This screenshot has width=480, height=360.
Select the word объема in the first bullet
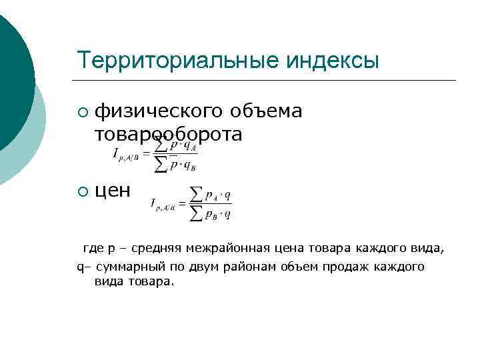[x=271, y=111]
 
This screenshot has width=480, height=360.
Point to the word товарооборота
[x=168, y=134]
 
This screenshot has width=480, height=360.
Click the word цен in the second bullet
[x=113, y=191]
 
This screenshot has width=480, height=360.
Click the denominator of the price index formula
[x=210, y=214]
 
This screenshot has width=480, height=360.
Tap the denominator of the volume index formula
[x=177, y=165]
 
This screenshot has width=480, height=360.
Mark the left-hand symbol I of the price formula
[x=155, y=203]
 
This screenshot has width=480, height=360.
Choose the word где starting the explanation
[x=91, y=249]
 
